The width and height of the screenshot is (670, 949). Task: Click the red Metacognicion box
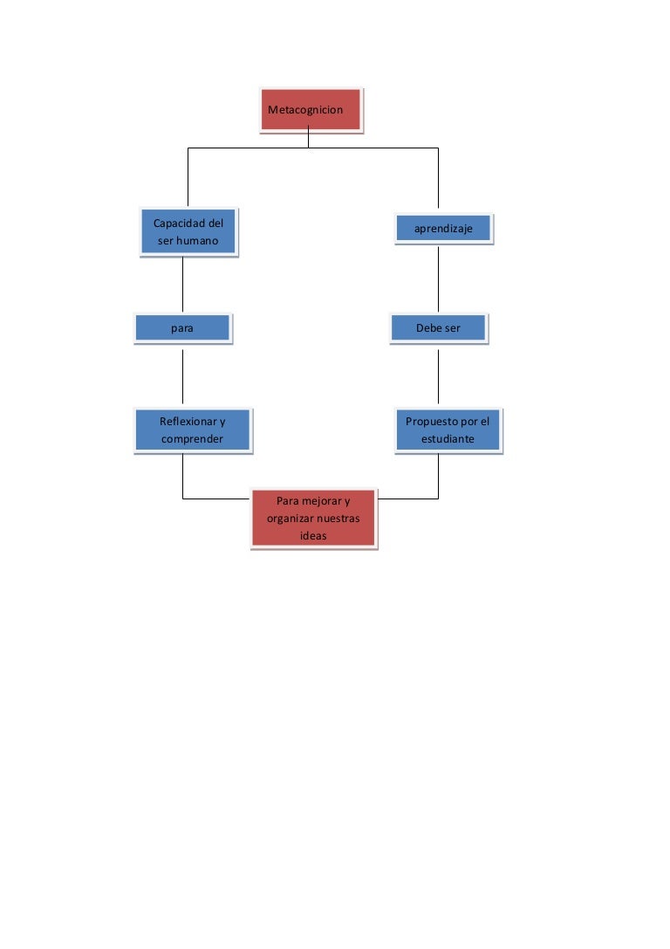tap(311, 109)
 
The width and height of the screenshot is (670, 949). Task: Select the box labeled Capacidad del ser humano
tap(188, 232)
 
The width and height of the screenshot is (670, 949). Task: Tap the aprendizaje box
tap(444, 229)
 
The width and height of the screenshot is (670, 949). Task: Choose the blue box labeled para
tap(182, 328)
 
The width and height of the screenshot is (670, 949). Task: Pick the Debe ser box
tap(439, 328)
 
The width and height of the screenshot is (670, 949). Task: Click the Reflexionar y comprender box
tap(193, 430)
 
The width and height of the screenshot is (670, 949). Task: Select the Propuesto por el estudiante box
tap(448, 430)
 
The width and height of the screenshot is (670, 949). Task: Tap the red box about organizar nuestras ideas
tap(314, 519)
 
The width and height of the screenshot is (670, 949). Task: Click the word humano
tap(197, 241)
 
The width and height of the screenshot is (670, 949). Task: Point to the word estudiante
tap(448, 439)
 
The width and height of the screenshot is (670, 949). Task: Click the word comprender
tap(192, 439)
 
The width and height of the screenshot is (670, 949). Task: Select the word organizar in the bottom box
tap(289, 519)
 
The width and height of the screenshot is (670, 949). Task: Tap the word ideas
tap(313, 536)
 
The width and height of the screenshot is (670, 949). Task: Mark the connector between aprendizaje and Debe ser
tap(439, 279)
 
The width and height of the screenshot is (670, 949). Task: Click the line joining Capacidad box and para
tap(182, 284)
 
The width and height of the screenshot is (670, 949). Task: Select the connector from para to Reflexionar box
tap(182, 376)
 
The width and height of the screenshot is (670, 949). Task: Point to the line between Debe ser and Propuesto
tap(439, 376)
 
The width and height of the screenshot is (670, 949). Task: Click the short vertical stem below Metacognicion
tap(309, 137)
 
